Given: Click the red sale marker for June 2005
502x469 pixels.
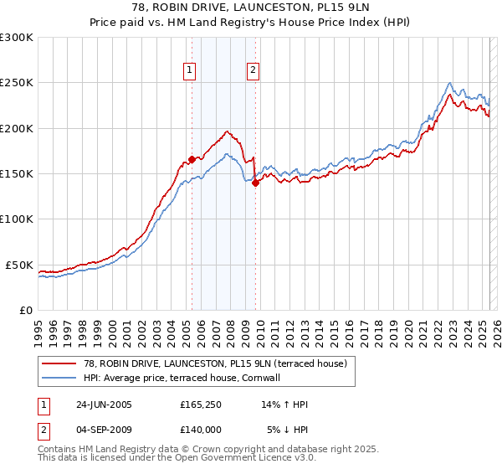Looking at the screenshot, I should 192,158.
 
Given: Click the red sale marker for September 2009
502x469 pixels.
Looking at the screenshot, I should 254,183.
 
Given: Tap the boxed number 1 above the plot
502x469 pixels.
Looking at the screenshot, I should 192,71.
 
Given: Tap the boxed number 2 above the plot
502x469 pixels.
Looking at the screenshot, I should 253,71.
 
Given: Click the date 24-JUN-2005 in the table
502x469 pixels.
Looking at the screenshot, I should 104,405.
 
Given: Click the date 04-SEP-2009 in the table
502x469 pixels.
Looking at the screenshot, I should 104,430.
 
